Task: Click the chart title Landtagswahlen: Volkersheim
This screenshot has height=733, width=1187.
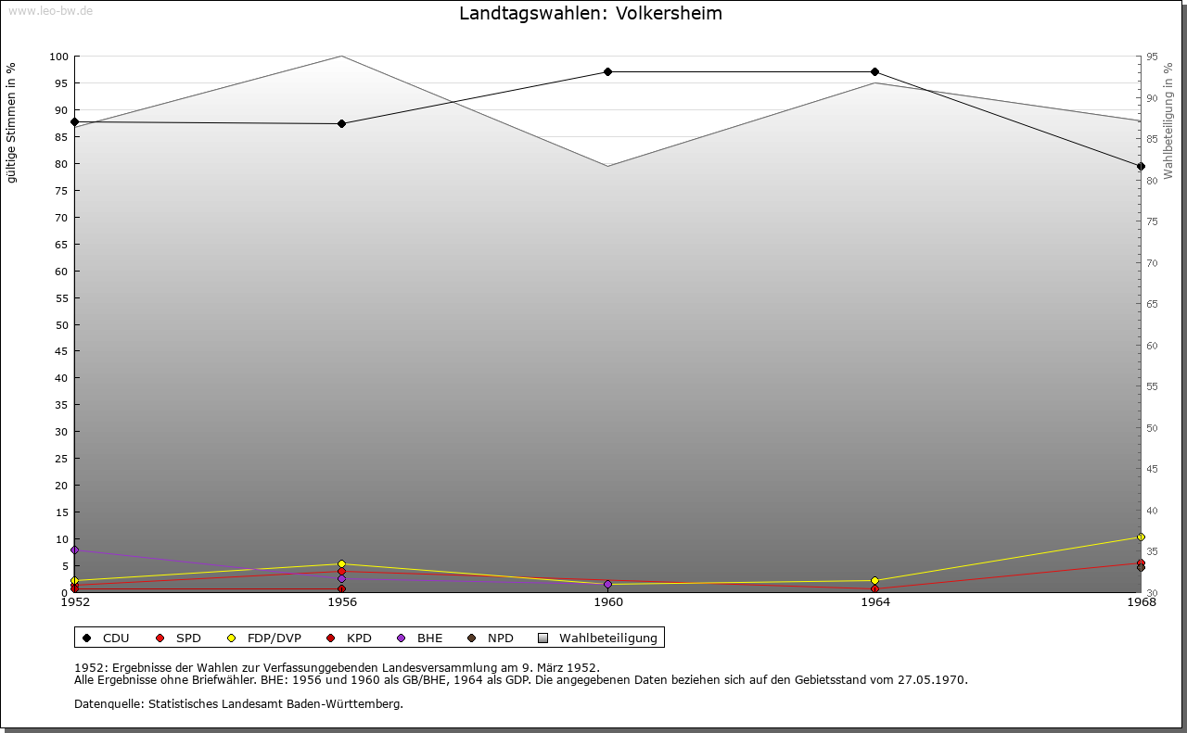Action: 590,14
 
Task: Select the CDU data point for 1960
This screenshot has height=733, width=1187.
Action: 608,71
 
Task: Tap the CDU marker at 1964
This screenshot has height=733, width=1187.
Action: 874,71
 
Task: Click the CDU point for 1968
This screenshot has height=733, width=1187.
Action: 1141,167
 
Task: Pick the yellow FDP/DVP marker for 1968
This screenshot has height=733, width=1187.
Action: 1141,537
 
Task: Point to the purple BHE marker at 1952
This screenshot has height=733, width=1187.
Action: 75,550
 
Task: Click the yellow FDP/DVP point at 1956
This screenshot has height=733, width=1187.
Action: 341,563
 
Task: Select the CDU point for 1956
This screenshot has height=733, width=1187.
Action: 341,123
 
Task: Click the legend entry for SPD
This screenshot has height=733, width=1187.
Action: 187,638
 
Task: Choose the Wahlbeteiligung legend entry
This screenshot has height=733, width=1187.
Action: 607,638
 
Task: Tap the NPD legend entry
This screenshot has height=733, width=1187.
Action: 500,638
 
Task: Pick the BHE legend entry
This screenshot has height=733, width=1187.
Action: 429,638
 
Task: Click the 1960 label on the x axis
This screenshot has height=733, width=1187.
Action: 608,602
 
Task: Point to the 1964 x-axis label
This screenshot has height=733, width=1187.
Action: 874,602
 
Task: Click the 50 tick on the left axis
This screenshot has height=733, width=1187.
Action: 61,325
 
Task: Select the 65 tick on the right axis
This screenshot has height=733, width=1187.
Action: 1151,304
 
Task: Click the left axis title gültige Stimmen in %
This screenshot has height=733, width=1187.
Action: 12,123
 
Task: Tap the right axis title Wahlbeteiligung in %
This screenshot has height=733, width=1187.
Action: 1168,120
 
